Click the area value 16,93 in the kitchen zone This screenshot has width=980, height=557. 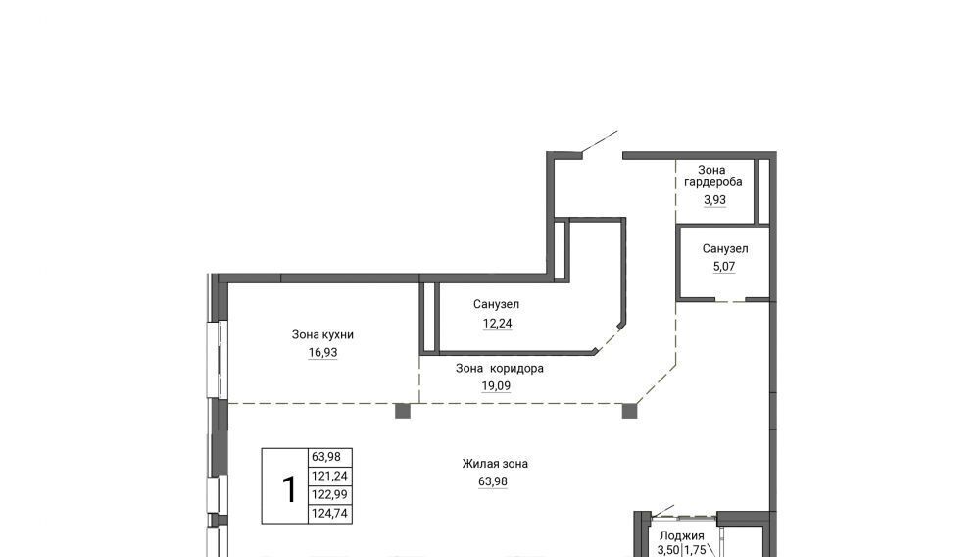pos(322,353)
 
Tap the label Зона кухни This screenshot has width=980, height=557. pos(322,334)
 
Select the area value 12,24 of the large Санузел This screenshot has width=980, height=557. pos(497,324)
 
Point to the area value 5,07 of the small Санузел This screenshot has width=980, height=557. pos(724,267)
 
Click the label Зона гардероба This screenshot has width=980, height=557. pos(713,176)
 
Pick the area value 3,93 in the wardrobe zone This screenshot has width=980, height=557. pos(715,200)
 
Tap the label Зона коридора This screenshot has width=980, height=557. pos(500,368)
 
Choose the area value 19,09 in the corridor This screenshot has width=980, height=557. pos(496,386)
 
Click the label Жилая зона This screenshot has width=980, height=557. pos(495,464)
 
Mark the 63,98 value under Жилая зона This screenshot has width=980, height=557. pos(493,481)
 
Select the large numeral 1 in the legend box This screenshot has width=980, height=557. pos(289,489)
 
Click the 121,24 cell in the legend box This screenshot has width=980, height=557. pos(329,477)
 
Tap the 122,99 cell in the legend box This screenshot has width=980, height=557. pos(329,495)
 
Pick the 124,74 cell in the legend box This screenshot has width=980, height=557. pos(329,514)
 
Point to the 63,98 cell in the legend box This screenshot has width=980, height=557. pos(326,457)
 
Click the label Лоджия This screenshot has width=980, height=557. pos(682,535)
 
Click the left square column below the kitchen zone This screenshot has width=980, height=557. pos(403,411)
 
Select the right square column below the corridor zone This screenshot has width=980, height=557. pos(629,411)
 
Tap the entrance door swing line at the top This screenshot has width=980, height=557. pos(599,142)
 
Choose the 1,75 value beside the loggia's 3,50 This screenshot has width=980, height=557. pos(695,551)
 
